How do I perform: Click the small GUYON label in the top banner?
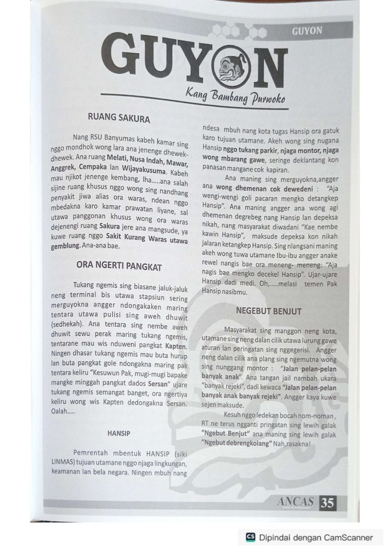(x=307, y=31)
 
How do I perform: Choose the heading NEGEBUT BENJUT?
(x=268, y=311)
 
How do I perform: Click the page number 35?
(x=327, y=503)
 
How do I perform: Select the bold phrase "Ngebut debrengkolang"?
(x=235, y=443)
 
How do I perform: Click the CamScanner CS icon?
(x=250, y=537)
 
